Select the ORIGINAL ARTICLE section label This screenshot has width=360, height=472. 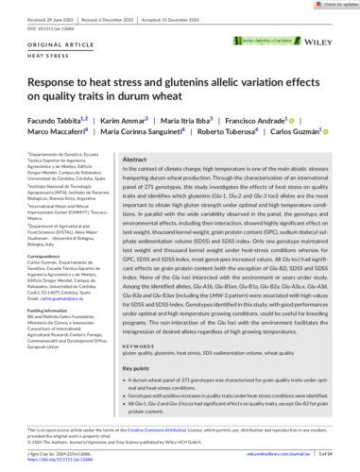tap(43, 46)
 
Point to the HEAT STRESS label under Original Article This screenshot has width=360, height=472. tap(35, 55)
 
